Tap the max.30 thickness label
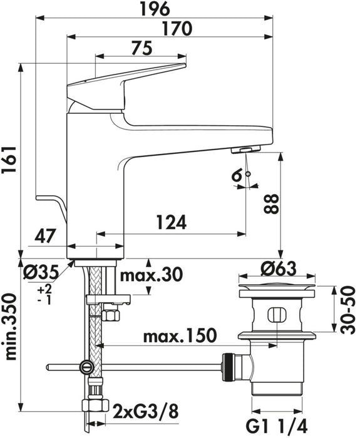click(x=150, y=275)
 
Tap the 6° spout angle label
click(x=237, y=177)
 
